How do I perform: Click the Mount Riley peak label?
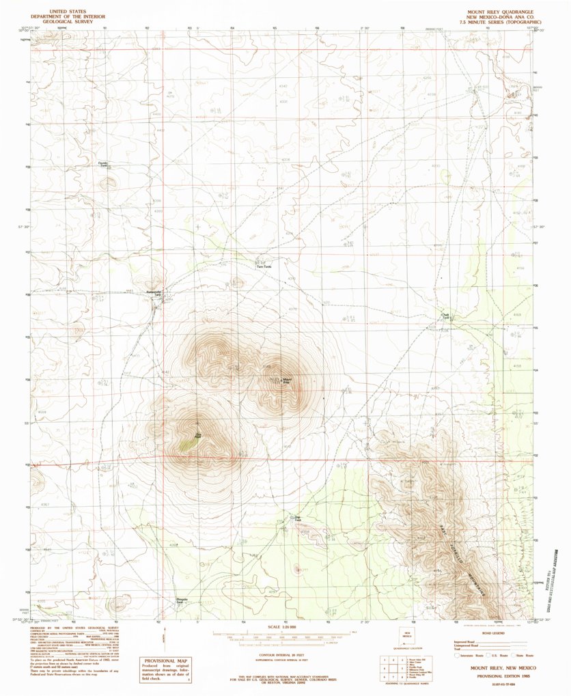tap(286, 380)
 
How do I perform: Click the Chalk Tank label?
tap(445, 316)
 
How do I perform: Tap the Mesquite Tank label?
tap(180, 601)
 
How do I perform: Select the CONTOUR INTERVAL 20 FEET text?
tap(271, 654)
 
